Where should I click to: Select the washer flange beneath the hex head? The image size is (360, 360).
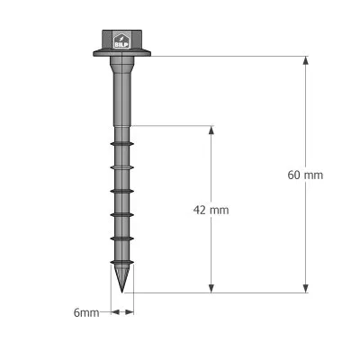coord(121,54)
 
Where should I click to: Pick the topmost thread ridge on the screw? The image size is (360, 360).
coord(121,142)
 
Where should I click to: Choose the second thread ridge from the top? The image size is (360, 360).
coord(121,166)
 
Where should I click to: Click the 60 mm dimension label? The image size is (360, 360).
coord(305,175)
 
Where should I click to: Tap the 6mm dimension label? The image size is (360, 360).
coord(85,312)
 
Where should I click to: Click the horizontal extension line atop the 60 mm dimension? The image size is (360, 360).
coord(225,57)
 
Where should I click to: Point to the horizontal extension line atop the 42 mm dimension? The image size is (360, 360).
coord(171,125)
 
